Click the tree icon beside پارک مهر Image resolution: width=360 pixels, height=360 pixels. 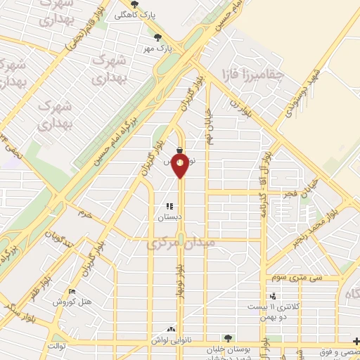(x=158, y=37)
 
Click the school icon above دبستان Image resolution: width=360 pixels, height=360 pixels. (x=169, y=207)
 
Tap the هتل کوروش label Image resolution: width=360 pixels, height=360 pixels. (x=73, y=302)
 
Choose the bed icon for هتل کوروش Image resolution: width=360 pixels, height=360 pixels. (x=72, y=292)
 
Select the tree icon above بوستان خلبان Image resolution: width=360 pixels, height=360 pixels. (x=226, y=338)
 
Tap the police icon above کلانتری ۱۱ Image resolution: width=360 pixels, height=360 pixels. (x=272, y=297)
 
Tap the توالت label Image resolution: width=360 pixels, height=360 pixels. (x=56, y=346)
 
